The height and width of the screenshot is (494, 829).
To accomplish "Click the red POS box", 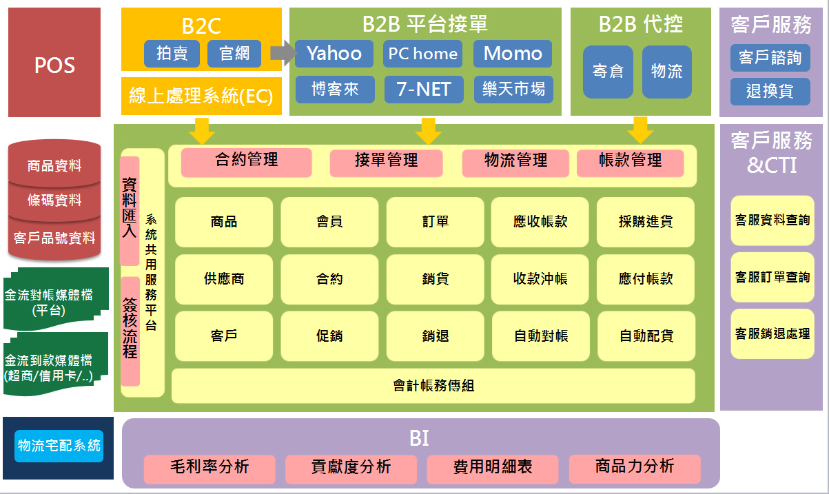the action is point(54,62).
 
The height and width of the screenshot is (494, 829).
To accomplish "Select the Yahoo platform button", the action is point(334,54).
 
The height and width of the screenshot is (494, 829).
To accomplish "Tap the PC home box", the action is point(422,54).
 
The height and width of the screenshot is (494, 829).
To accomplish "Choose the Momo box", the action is point(513,54).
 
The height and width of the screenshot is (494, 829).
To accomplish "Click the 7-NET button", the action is point(424,89).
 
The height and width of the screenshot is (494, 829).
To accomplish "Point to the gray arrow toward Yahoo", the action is point(283,53).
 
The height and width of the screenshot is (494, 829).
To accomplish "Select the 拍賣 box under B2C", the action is point(172,54).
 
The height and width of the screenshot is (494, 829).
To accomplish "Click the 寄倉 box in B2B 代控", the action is point(608,72).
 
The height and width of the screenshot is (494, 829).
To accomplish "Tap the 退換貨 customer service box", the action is point(770,92).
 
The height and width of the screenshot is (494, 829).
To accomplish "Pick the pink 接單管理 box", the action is point(386,163).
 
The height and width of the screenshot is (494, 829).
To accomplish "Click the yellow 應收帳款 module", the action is point(540,222).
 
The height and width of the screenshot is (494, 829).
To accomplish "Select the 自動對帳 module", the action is point(541,336).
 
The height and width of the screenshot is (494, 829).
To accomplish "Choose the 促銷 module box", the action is point(329,336).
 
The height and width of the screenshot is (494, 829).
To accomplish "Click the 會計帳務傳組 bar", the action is point(433,386).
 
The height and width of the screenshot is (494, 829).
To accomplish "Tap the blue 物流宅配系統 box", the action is point(59,446).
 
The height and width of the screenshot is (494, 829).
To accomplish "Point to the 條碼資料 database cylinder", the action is point(54,200).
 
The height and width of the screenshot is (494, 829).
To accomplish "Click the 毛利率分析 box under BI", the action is point(209,469).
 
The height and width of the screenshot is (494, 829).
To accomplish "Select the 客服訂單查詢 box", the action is point(772,277).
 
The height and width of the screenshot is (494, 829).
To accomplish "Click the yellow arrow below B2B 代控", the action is point(640,130).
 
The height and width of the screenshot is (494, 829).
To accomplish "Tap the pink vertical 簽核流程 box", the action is point(130,331).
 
